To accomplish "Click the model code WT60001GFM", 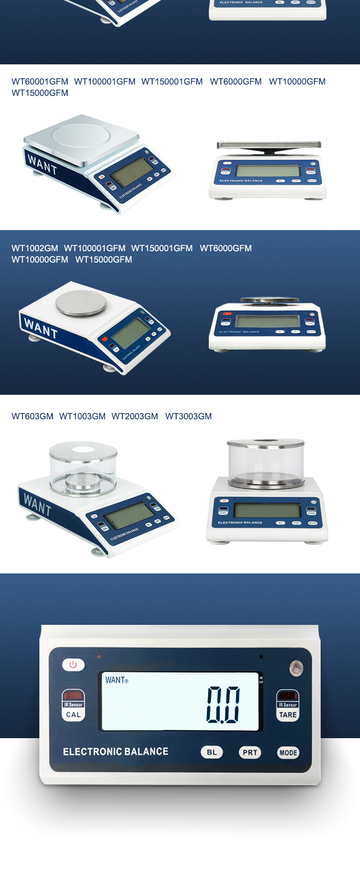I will [x=40, y=82].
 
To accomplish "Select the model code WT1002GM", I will [x=35, y=248].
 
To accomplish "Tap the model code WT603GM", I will [x=32, y=416].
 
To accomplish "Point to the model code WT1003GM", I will [x=82, y=416].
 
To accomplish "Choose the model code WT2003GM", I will [x=134, y=416].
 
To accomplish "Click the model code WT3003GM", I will [x=188, y=416].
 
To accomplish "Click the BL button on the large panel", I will [x=212, y=752].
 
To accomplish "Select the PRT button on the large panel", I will [x=250, y=752].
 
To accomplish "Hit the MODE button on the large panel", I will [x=288, y=753].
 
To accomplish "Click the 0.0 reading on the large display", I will [x=223, y=705].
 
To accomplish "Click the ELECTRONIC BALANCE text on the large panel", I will [x=116, y=752].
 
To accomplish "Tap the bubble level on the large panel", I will [x=296, y=668].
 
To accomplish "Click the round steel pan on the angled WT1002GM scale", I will [x=81, y=303].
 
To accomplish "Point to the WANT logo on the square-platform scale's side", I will [x=42, y=165].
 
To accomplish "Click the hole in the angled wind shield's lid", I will [x=84, y=449].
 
